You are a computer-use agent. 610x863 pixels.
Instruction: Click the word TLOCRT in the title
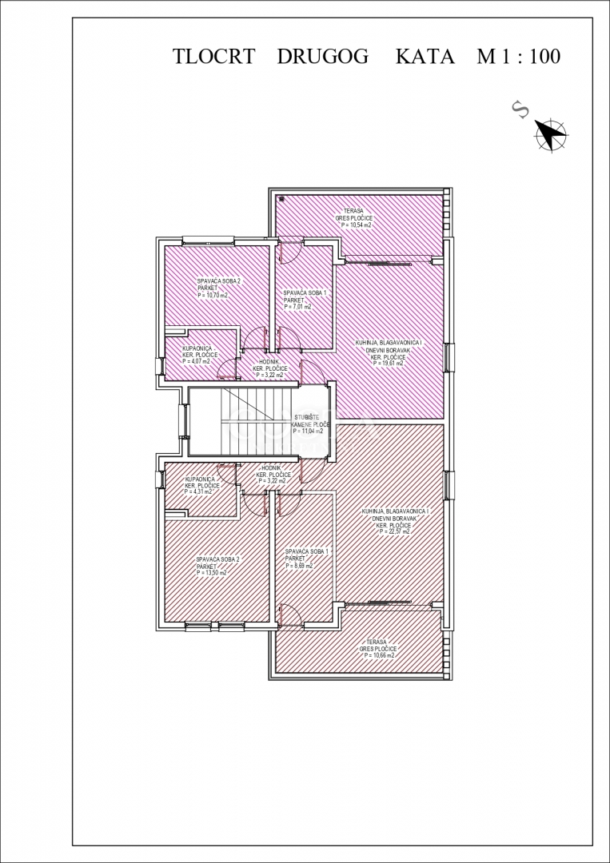point(213,57)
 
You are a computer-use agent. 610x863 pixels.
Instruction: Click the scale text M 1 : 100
point(518,57)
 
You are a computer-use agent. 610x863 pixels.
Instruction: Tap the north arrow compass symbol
point(550,133)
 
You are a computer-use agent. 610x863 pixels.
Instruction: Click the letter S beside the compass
point(520,110)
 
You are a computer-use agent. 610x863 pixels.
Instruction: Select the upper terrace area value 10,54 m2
point(357,225)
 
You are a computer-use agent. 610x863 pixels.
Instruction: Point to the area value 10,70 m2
point(213,295)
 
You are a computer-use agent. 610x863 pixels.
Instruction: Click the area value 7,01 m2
point(297,306)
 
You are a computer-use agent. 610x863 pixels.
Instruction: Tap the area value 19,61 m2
point(390,361)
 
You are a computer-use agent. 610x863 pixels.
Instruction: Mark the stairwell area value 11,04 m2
point(309,431)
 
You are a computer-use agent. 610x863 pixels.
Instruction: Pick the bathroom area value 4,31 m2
point(199,491)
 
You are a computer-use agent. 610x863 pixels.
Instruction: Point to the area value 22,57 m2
point(394,531)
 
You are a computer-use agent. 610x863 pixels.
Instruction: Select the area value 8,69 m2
point(298,566)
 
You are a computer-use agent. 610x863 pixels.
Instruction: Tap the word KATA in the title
point(425,57)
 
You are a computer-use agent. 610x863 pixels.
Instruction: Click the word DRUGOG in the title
point(323,57)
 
